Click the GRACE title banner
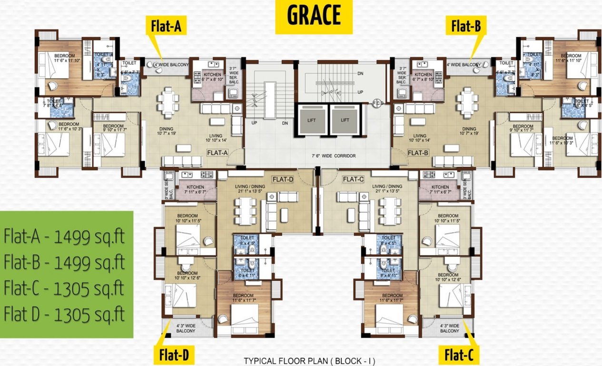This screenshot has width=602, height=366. tap(314, 16)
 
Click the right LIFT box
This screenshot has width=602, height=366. tap(344, 121)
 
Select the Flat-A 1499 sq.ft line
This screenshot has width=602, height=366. tap(65, 237)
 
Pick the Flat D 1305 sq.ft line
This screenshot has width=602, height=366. tap(65, 314)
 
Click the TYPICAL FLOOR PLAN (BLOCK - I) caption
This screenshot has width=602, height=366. tap(309, 361)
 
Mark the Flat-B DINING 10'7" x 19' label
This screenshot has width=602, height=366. tap(469, 132)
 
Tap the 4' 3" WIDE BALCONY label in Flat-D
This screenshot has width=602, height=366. tap(186, 328)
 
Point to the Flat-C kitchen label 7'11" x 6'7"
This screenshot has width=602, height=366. tap(440, 190)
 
